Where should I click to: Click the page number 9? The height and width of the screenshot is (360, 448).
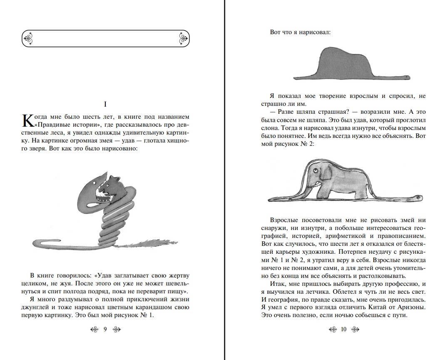click(x=105, y=329)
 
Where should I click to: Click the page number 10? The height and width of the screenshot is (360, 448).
click(x=343, y=329)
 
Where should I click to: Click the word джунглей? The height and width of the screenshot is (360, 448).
click(x=40, y=307)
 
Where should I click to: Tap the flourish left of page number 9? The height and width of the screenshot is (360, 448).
click(x=94, y=329)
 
